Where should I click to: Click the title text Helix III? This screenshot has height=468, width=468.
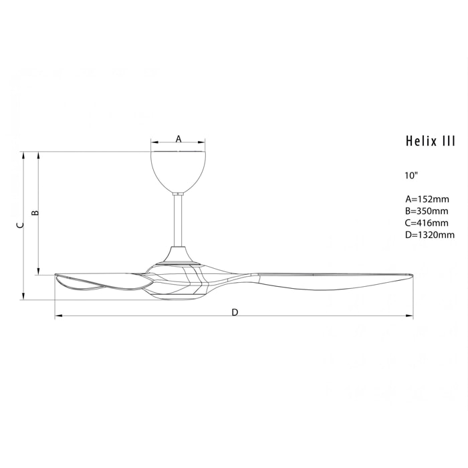430,141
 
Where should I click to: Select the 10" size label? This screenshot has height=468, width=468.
411,176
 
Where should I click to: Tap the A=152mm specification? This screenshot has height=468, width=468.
427,199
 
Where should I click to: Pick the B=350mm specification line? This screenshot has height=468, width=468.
427,211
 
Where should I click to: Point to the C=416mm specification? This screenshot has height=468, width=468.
427,223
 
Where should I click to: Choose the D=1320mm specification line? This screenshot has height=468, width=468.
429,235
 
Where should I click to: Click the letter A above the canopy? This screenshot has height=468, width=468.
179,138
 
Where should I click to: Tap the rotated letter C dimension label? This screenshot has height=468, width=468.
20,226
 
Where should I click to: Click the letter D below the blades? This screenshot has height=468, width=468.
235,312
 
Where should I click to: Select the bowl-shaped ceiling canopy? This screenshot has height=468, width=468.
179,170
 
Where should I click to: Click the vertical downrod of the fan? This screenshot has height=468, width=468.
179,221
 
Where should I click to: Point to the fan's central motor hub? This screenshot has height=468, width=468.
179,274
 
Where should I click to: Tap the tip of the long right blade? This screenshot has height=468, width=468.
409,276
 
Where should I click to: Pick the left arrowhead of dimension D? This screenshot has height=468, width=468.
57,316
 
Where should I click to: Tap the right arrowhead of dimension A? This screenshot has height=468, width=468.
203,142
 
